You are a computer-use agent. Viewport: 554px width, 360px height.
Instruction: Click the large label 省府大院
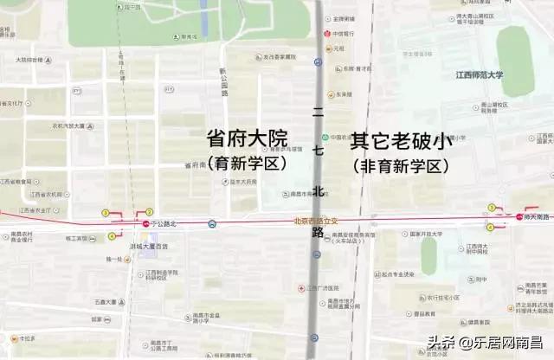[247, 139]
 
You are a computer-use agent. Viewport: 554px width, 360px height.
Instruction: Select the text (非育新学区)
[401, 164]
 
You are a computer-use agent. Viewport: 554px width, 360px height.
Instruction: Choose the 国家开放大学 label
[425, 235]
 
